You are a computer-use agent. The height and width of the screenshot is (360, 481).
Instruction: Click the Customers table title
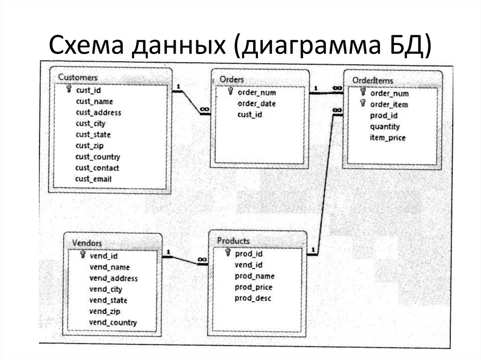78,77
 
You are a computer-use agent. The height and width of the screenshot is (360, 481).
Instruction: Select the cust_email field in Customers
94,179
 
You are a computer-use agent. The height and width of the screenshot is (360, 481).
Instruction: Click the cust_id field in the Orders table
250,115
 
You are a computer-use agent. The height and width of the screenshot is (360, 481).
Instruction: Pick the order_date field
256,104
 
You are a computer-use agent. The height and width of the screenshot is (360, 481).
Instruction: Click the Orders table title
232,79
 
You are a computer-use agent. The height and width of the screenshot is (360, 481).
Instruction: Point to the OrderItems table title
372,80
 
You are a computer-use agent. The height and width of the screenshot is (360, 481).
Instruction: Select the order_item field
389,104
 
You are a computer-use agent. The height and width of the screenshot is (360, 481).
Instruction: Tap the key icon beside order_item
363,104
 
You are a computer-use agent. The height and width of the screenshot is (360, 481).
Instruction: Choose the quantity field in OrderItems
385,126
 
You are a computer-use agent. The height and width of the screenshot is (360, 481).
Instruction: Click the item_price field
388,138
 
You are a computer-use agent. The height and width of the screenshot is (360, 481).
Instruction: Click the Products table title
233,241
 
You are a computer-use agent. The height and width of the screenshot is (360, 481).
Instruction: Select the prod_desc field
253,298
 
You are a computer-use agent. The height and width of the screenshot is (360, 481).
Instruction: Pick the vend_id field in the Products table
248,265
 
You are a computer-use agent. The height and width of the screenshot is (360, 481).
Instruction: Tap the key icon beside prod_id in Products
228,253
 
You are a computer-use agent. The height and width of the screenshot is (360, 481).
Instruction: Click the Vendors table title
87,243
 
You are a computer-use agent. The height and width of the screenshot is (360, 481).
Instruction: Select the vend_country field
113,322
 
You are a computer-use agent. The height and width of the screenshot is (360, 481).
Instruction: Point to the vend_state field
108,300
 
